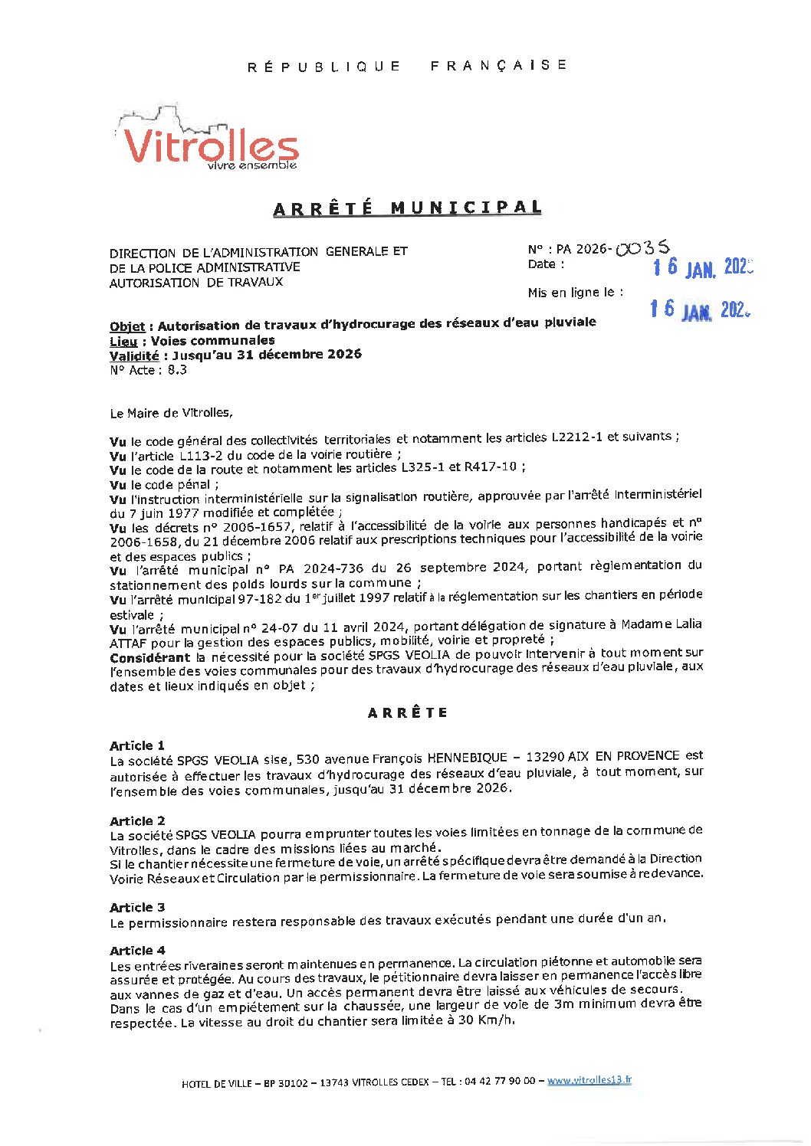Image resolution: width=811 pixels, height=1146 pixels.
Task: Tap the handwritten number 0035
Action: pos(643,248)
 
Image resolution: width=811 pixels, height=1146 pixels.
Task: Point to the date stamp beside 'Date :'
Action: pos(702,267)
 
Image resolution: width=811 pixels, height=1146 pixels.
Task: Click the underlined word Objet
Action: pos(127,327)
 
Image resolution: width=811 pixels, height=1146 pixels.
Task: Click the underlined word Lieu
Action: pos(123,341)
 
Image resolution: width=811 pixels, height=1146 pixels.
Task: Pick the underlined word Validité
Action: pos(134,355)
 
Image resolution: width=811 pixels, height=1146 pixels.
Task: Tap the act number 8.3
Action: pos(177,370)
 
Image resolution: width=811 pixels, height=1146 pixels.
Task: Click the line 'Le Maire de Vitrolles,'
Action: pos(171,413)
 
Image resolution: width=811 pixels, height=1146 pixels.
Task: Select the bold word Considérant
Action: pos(149,657)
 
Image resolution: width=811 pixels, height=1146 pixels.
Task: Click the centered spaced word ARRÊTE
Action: pos(408,713)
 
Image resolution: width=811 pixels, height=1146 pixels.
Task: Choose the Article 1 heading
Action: pos(137,745)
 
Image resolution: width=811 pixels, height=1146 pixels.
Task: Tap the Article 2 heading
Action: pos(137,820)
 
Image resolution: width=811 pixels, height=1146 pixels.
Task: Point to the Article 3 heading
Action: pos(137,907)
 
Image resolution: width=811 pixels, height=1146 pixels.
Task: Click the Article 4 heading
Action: pos(137,950)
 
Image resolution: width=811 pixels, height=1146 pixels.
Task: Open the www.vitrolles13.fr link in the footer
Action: pos(589,1080)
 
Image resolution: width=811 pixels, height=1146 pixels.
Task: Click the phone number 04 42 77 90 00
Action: pos(500,1082)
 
